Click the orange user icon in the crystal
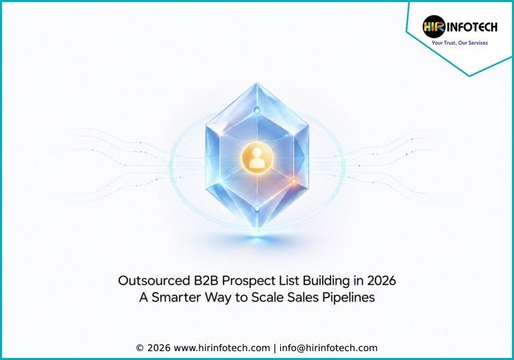click(257, 158)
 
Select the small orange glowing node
click(293, 181)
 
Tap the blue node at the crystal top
click(257, 110)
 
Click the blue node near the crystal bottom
click(257, 208)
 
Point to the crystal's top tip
click(257, 83)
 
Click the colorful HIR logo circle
click(434, 26)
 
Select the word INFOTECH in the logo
click(472, 27)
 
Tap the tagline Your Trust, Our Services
click(460, 43)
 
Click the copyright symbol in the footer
click(140, 348)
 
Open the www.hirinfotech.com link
click(221, 348)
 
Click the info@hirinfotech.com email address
click(328, 348)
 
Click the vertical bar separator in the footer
click(275, 348)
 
